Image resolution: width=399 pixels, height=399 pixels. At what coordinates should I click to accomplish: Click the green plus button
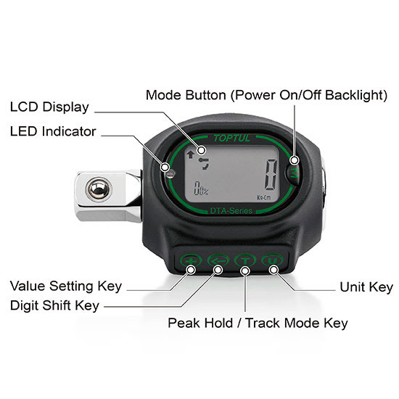pos(191,260)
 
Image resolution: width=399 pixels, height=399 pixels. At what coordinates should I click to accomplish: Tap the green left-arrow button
pos(218,260)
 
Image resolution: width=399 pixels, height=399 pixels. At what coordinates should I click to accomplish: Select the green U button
pos(272,260)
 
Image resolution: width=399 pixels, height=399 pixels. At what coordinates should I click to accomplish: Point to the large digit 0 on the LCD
pos(271,174)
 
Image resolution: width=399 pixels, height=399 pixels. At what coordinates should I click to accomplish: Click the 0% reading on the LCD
pos(201,189)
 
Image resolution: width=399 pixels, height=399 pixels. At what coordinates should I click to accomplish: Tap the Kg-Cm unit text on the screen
pos(264,197)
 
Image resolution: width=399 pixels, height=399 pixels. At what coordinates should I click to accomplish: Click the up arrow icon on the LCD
pos(191,155)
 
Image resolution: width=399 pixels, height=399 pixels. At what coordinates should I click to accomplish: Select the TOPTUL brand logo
pos(231,139)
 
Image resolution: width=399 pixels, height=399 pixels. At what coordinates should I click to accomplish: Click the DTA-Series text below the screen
pos(231,210)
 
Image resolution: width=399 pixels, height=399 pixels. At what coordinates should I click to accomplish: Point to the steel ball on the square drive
pos(99,189)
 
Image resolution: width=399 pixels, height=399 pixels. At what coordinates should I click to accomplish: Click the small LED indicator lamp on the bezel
pos(170,174)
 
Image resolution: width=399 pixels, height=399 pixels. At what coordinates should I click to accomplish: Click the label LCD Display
pos(49,107)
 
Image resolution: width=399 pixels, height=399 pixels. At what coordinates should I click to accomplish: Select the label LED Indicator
pos(53,131)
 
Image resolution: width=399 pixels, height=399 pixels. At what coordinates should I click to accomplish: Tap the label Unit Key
pos(366,287)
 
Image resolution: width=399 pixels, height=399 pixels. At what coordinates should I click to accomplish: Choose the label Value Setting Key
pos(66,287)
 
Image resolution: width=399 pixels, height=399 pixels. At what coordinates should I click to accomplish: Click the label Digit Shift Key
pos(54,305)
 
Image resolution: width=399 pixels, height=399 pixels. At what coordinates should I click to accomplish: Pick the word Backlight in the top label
pos(356,95)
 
